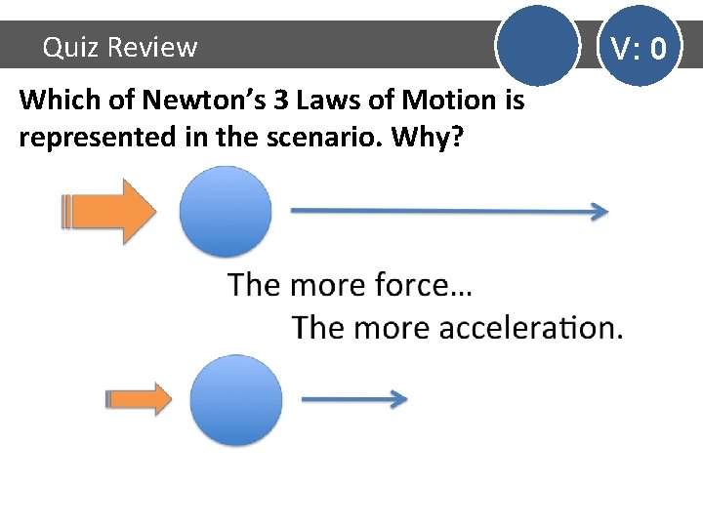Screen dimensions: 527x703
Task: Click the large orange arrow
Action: click(x=109, y=211)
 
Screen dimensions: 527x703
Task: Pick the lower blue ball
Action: click(x=235, y=400)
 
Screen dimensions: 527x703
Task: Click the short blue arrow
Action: click(x=353, y=398)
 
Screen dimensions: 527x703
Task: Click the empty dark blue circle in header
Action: click(x=537, y=45)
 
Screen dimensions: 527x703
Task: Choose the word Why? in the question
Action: click(x=425, y=138)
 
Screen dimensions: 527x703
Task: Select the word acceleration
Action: click(x=530, y=327)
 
